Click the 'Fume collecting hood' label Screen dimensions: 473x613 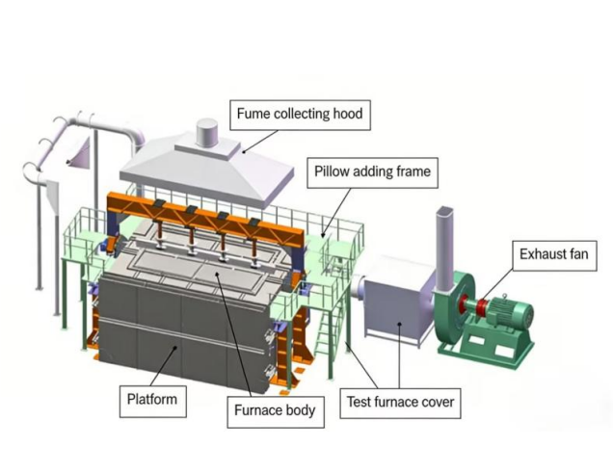[x=299, y=115]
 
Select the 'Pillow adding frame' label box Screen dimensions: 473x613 [x=371, y=173]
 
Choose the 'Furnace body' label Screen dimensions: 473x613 [x=275, y=410]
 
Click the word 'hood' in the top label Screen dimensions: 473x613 [x=345, y=115]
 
